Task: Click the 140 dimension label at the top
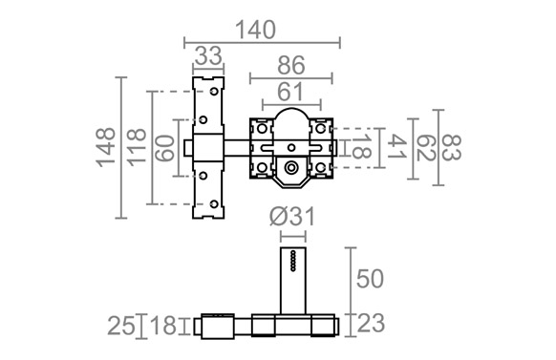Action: pos(255,31)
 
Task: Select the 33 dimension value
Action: pos(208,56)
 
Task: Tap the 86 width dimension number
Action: pos(291,66)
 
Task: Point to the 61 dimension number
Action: pos(290,92)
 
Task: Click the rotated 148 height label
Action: pos(106,147)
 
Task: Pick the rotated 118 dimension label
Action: pos(137,147)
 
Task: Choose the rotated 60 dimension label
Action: pos(165,148)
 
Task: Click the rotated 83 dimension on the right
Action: pos(452,147)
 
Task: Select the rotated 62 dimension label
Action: pos(425,148)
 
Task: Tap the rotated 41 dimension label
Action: pos(396,147)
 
